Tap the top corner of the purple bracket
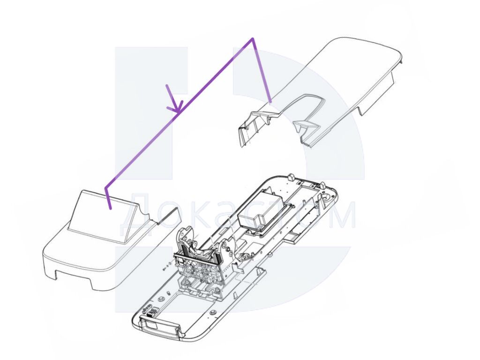tap(253, 38)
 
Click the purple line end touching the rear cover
tap(270, 101)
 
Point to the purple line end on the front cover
tap(110, 208)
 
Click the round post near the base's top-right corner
tap(322, 186)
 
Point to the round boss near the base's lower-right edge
tap(212, 313)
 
